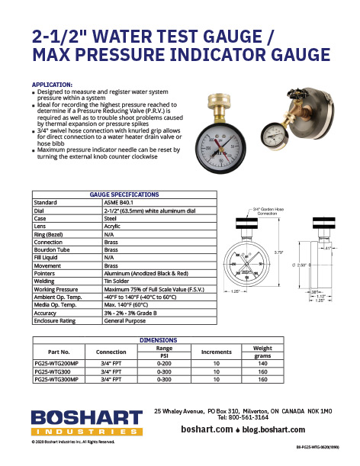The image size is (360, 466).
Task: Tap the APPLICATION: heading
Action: [52, 84]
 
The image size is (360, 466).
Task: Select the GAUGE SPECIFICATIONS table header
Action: [124, 194]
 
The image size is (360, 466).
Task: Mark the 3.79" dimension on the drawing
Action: [280, 251]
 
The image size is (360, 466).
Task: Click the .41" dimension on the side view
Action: [326, 247]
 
